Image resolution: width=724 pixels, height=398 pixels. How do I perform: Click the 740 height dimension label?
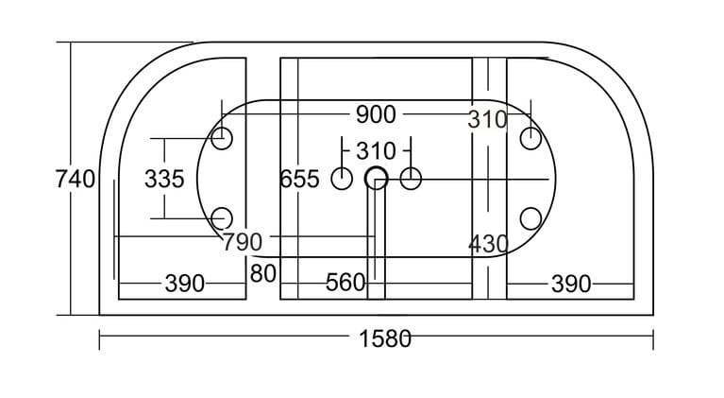point(76,179)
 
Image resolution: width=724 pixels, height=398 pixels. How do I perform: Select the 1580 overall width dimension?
point(384,337)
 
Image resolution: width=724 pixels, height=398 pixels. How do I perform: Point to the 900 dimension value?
point(375,115)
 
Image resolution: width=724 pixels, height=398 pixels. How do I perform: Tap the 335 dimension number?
point(164,179)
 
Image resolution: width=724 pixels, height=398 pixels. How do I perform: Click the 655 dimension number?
point(300,179)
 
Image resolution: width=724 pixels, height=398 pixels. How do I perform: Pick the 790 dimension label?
point(243,243)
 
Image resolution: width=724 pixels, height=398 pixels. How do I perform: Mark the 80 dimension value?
point(263,274)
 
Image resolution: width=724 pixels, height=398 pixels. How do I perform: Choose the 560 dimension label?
point(345,283)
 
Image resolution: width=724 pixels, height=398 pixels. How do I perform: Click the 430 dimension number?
point(488,244)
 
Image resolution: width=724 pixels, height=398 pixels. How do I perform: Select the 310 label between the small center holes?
point(375,151)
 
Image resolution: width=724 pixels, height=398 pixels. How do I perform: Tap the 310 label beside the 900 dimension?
point(487,120)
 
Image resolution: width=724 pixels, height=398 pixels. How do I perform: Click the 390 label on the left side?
point(185,283)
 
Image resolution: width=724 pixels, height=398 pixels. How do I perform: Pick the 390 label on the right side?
point(570,283)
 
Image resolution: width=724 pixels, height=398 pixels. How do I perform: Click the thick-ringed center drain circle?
point(376,178)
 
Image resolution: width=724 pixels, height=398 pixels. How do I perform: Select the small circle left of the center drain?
point(342,178)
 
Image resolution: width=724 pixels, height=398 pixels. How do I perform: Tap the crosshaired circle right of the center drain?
point(411,178)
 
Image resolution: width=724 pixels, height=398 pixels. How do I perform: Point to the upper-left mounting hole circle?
point(223,140)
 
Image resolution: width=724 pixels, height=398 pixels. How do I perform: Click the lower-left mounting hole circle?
point(223,218)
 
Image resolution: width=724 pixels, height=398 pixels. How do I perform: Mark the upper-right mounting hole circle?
point(530,140)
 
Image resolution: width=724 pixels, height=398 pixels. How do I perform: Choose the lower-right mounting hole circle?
point(530,218)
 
